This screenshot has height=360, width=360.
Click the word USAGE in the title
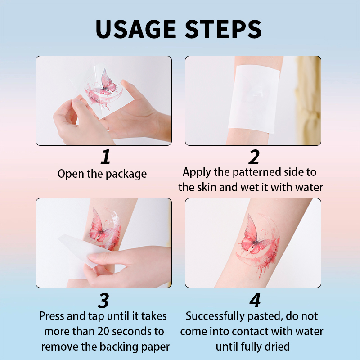[x=136, y=29]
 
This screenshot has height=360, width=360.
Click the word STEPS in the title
[x=223, y=29]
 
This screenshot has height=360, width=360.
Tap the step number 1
[x=106, y=157]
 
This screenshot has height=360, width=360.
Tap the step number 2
[x=254, y=157]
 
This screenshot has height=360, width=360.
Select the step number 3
[x=103, y=301]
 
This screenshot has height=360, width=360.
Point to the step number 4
[x=255, y=300]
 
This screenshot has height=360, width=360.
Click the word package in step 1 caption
[x=126, y=174]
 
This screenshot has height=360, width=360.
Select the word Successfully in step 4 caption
[x=215, y=317]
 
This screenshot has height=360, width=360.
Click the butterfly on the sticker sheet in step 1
[x=107, y=83]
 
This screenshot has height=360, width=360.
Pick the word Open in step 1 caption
[x=71, y=174]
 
